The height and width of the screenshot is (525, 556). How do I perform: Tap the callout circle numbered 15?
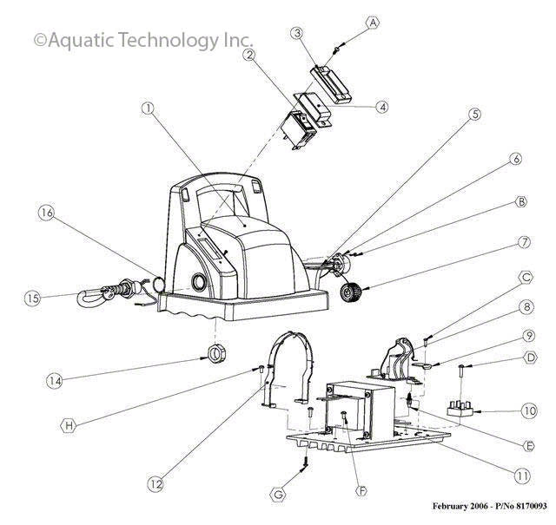[x=33, y=298]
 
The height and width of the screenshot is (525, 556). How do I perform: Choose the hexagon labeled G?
[x=279, y=495]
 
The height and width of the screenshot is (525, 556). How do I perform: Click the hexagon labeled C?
[x=526, y=278]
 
